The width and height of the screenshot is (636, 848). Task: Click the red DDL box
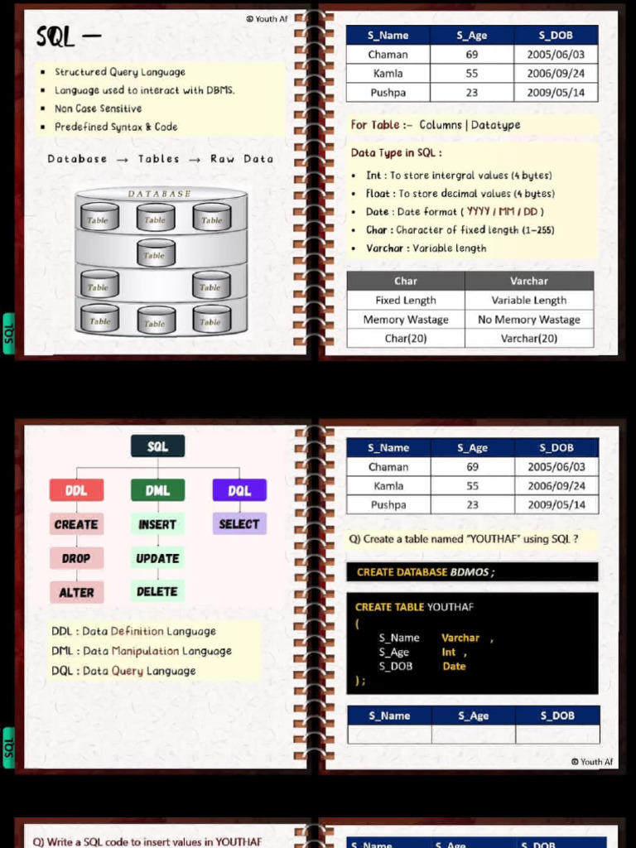coord(76,490)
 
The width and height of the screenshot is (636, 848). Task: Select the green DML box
coord(157,490)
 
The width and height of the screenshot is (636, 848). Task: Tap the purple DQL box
coord(239,490)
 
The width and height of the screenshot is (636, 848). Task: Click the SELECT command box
coord(239,523)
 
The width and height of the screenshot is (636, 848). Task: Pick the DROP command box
coord(76,558)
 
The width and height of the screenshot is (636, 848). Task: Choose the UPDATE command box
coord(157,558)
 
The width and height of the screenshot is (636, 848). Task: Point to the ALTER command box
coord(76,592)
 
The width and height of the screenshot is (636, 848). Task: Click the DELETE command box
coord(157,591)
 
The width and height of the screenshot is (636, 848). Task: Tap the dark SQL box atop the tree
coord(158,446)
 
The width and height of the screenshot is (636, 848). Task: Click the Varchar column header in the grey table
coord(529,281)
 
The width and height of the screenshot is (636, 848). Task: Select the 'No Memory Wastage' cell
coord(529,320)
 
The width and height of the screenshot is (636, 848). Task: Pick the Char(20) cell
coord(406,339)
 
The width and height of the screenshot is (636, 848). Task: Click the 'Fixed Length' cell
coord(406,300)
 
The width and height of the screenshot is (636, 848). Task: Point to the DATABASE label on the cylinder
coord(160,194)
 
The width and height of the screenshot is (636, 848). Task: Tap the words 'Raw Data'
coord(242,159)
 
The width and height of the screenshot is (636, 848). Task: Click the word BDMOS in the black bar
coord(470,572)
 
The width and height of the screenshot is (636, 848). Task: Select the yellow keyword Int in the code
coord(449,653)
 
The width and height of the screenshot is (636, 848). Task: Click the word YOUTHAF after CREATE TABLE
coord(450,607)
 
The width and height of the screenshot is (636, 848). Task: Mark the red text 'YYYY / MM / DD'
coord(503,211)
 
